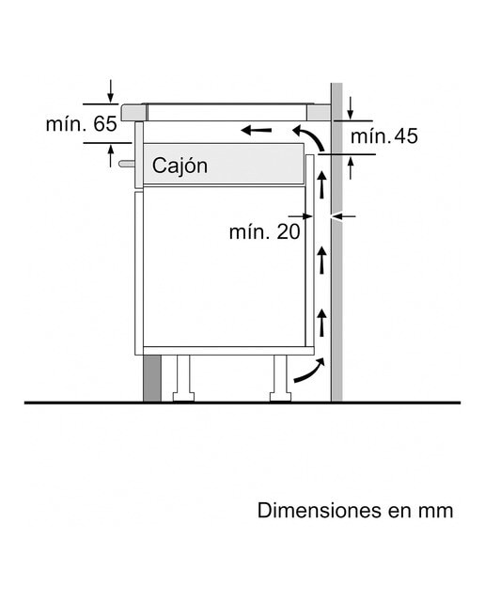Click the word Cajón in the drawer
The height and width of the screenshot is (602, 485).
(180, 166)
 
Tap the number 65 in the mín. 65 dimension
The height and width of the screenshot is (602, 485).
(104, 124)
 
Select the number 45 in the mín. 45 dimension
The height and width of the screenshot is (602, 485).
(405, 136)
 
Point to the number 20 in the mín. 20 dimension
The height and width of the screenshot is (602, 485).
(289, 232)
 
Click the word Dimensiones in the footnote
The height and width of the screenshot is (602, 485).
(320, 510)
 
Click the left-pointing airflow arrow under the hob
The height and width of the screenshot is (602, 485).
(256, 131)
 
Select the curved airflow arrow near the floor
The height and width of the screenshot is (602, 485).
(309, 370)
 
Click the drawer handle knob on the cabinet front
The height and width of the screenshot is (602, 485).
(127, 164)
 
